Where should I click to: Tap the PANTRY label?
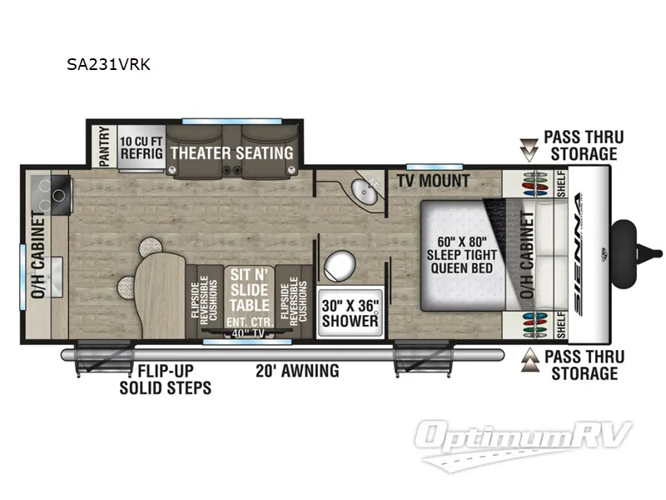pyautogui.click(x=104, y=145)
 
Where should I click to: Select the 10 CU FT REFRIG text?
pyautogui.click(x=139, y=147)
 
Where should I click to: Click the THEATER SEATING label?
pyautogui.click(x=231, y=152)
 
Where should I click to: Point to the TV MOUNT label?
pyautogui.click(x=433, y=181)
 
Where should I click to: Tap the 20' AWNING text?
pyautogui.click(x=297, y=370)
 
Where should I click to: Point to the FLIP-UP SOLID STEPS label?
pyautogui.click(x=165, y=379)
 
